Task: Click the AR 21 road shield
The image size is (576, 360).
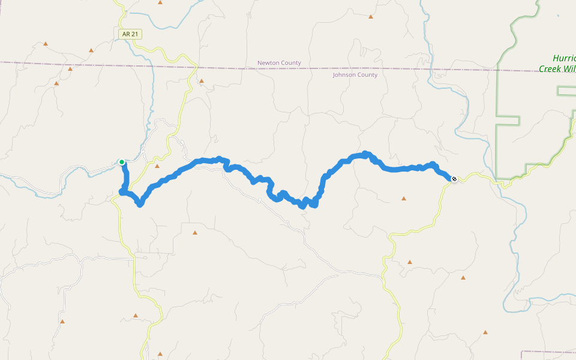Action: [130, 34]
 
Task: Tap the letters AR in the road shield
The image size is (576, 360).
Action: [126, 34]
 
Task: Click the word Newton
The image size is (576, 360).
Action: [269, 63]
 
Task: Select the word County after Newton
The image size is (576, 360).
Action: [292, 63]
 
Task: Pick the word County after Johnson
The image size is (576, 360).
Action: [367, 75]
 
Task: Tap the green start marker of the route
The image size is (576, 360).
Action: [122, 162]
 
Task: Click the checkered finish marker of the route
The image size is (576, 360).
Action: [454, 178]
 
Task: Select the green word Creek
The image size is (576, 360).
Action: [549, 69]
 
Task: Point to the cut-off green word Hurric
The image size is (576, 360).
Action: [564, 59]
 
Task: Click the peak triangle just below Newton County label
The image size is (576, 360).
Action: [202, 80]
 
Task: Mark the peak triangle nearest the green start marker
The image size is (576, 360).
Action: [157, 166]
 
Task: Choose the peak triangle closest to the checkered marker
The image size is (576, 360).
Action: [404, 199]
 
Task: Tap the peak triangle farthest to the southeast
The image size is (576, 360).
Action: [485, 332]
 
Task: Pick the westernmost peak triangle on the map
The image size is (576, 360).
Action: [46, 44]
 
